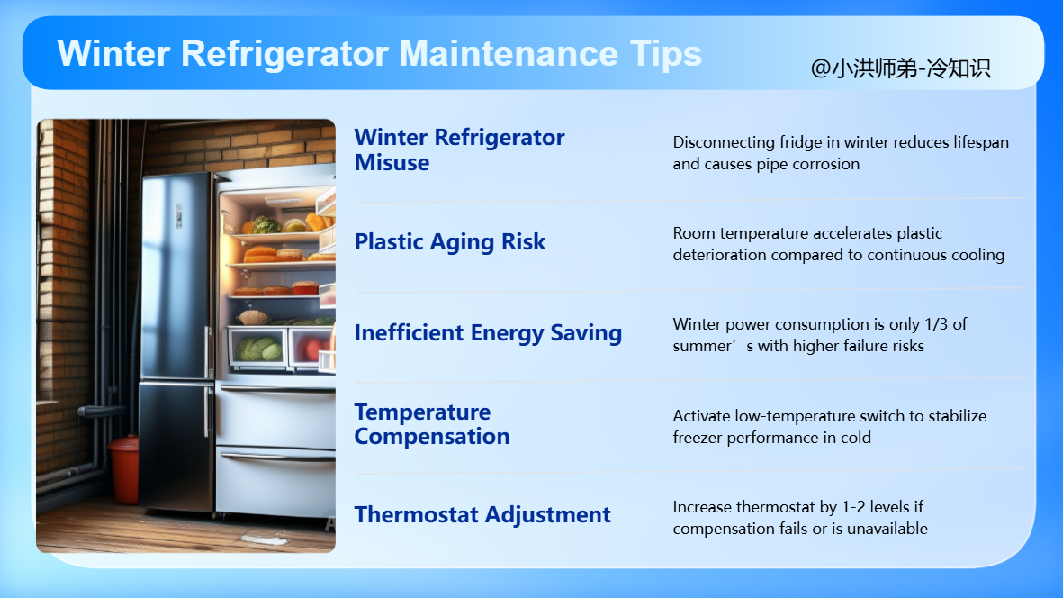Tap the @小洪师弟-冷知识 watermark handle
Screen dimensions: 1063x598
point(900,68)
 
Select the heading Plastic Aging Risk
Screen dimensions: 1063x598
point(449,242)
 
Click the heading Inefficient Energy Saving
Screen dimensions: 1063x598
point(488,333)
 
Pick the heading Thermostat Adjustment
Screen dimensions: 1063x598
point(482,515)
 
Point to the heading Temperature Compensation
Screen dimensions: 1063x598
point(432,424)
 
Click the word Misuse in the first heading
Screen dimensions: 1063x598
point(392,163)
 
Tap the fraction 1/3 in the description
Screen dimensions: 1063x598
point(935,324)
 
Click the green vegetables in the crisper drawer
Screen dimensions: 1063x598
point(258,349)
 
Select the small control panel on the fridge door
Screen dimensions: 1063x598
point(178,215)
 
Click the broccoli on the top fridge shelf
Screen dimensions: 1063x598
point(265,225)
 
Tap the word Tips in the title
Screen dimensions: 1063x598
point(666,53)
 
